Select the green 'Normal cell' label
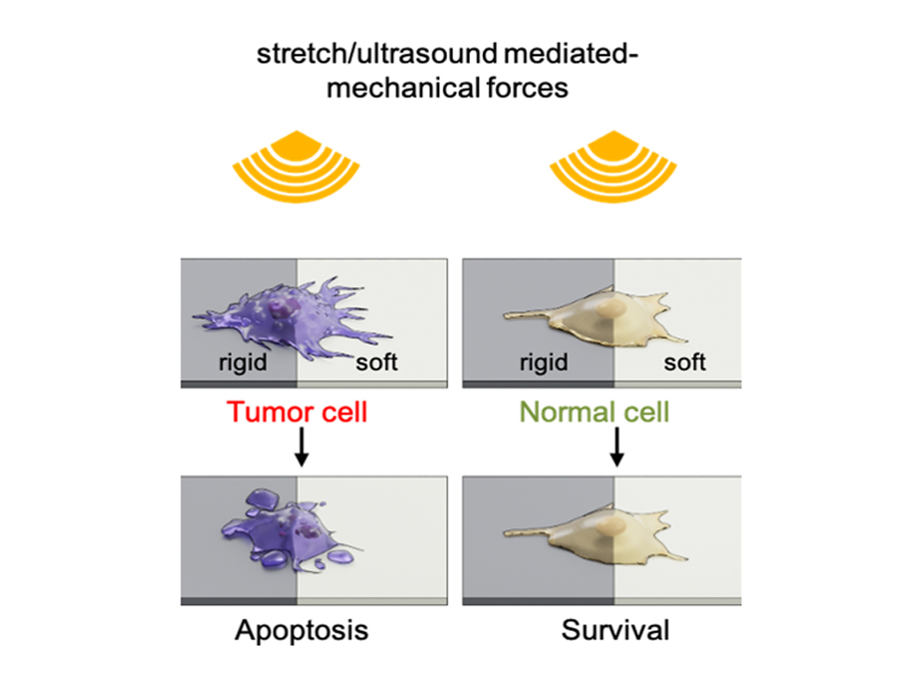coord(596,411)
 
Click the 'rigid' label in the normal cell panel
coord(543,362)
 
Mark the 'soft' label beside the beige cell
coord(685,362)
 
